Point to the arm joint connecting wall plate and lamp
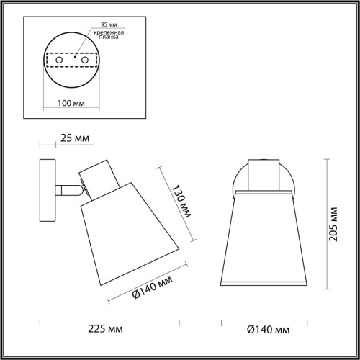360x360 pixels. click(x=70, y=191)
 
